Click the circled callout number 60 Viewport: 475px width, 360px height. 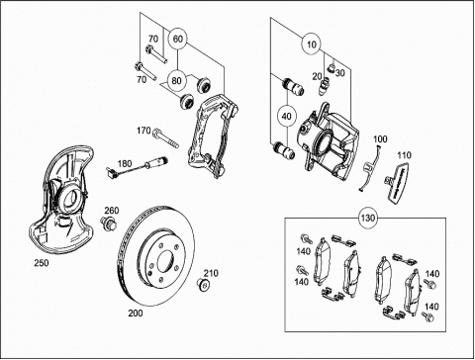[x=177, y=39]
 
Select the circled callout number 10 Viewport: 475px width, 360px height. [x=312, y=44]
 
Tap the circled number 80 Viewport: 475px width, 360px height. [x=177, y=80]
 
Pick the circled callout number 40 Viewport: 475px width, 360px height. [x=287, y=116]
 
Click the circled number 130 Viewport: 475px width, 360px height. [x=368, y=219]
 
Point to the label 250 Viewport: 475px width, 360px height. [x=42, y=263]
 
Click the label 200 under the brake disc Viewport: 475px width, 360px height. [x=136, y=313]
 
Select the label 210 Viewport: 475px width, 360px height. [x=211, y=273]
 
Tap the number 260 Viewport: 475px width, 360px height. [x=112, y=211]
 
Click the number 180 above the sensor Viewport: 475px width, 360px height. [x=125, y=163]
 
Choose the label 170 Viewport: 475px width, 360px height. [x=143, y=131]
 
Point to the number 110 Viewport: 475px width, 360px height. [x=404, y=155]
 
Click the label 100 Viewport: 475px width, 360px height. [x=380, y=139]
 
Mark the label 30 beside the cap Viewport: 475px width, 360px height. [x=340, y=72]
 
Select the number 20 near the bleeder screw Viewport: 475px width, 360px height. [x=317, y=76]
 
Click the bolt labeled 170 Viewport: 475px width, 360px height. [x=165, y=137]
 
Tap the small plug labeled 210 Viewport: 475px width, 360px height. [x=203, y=285]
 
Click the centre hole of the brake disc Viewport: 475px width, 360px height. [x=166, y=261]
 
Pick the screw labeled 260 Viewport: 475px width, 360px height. [x=108, y=223]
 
